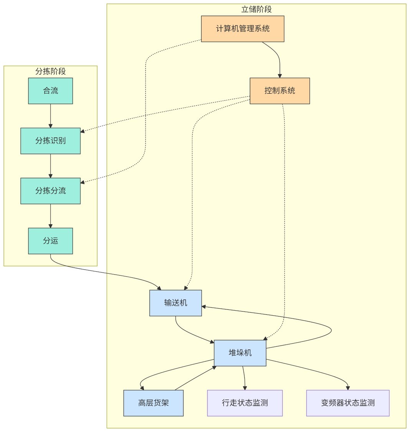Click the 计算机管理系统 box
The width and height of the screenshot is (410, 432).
(243, 29)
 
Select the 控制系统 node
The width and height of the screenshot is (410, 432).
(279, 91)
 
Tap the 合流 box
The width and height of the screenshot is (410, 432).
(50, 91)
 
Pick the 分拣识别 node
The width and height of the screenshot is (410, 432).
(50, 141)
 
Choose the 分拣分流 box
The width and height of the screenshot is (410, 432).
(50, 191)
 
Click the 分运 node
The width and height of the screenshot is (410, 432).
(50, 241)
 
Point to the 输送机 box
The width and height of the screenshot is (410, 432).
(175, 303)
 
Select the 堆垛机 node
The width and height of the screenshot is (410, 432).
(240, 353)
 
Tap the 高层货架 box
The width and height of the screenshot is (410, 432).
(153, 403)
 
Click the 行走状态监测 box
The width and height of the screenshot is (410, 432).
(245, 403)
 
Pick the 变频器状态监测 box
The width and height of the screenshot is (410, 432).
(348, 403)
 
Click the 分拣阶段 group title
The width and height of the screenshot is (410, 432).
(50, 71)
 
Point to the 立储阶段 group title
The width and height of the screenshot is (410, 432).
(256, 10)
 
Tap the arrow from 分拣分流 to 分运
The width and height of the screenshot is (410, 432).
(50, 216)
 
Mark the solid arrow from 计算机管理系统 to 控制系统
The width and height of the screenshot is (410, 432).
(279, 58)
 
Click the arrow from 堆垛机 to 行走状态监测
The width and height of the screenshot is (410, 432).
(244, 378)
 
